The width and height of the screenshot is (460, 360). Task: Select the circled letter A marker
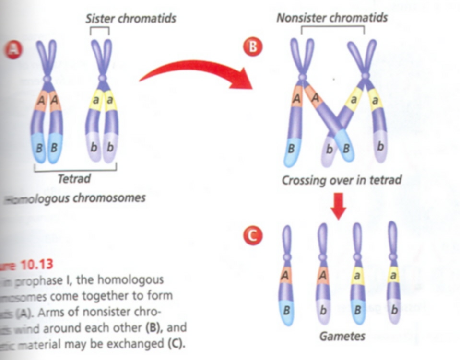click(13, 49)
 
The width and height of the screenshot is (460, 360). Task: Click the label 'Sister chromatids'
click(130, 19)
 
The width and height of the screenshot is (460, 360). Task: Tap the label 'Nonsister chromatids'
click(332, 18)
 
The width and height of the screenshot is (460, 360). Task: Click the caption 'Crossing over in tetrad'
click(341, 181)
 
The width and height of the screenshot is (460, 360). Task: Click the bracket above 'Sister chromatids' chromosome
click(102, 30)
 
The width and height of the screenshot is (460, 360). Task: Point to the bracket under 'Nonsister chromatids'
click(332, 29)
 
